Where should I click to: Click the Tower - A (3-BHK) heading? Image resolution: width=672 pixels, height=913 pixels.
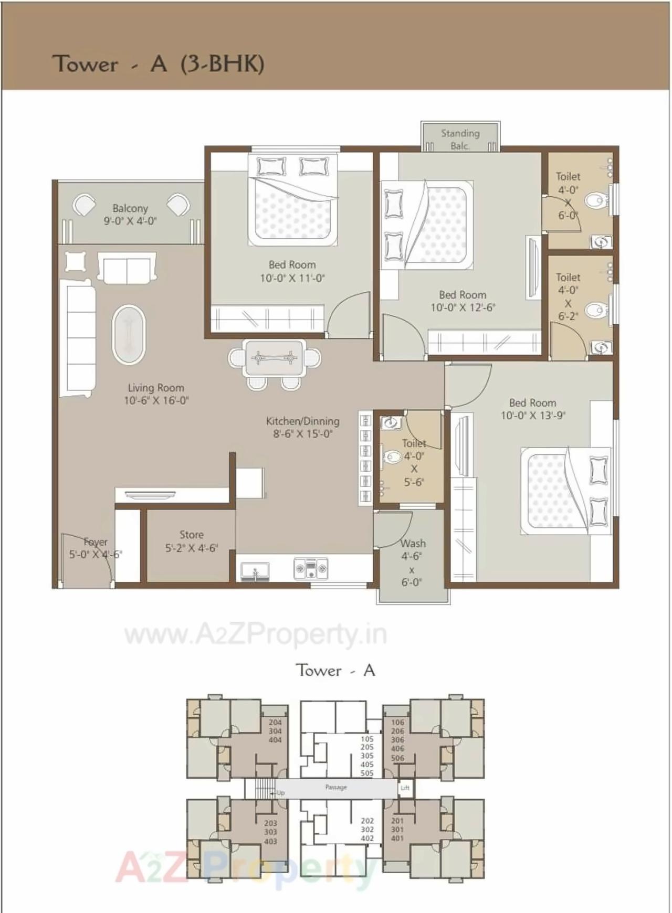click(157, 64)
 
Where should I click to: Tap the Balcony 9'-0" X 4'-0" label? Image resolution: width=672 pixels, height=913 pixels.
click(130, 215)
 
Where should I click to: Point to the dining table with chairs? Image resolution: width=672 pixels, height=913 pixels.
click(274, 358)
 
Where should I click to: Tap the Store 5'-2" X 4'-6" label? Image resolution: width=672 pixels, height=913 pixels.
click(191, 541)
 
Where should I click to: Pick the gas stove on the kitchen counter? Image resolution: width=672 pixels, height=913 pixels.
click(311, 568)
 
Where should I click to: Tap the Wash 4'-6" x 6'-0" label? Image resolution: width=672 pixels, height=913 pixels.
click(412, 562)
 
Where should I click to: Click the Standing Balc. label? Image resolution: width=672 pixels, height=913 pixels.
click(460, 140)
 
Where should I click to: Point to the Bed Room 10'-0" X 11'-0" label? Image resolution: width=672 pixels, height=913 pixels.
click(292, 271)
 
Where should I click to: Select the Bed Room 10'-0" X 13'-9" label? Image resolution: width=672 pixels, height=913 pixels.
click(532, 409)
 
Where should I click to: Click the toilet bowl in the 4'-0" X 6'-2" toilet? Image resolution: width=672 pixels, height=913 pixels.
click(595, 310)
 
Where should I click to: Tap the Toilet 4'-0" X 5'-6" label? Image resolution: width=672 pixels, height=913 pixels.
click(414, 462)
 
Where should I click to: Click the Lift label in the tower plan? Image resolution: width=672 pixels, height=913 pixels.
click(405, 788)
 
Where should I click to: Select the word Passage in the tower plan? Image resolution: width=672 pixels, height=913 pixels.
click(336, 787)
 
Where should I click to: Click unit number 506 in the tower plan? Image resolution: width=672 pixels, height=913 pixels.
click(397, 758)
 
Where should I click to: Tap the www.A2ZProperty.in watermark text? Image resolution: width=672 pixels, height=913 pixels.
click(256, 635)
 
